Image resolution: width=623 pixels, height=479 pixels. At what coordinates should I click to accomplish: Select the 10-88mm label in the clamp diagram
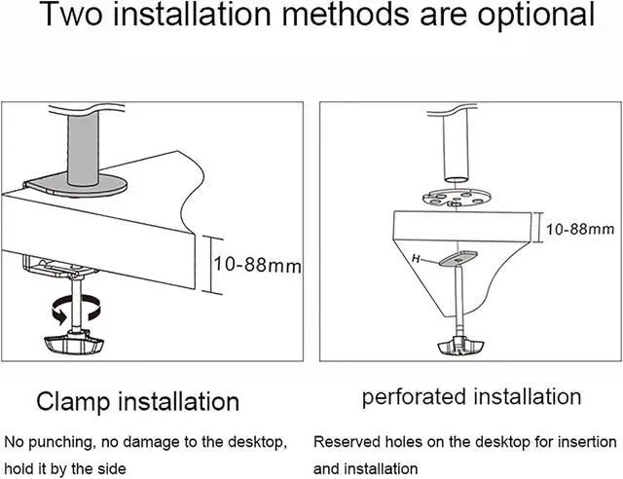coord(255,264)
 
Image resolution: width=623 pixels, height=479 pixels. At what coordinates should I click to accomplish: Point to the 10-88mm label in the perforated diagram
coord(578,230)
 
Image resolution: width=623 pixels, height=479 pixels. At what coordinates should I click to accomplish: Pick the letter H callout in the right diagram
coord(416,260)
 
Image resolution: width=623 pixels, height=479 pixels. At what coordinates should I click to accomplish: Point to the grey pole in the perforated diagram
coord(455,146)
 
